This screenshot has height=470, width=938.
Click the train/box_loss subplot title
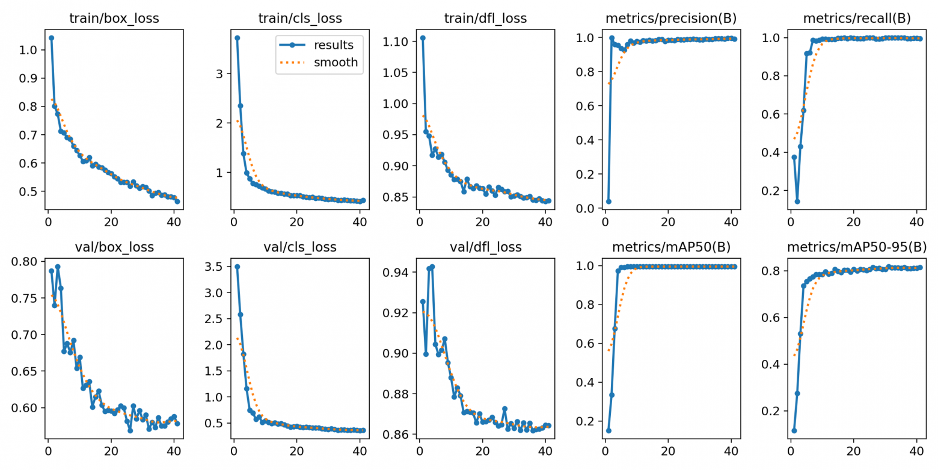click(114, 18)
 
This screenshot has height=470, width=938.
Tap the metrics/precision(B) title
click(670, 18)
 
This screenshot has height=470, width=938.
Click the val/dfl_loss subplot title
click(485, 247)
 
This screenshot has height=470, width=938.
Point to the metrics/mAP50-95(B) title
click(856, 247)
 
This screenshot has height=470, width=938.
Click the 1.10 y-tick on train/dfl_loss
click(396, 42)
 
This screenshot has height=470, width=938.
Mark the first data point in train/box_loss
click(51, 38)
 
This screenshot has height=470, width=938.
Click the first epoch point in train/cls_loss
click(237, 38)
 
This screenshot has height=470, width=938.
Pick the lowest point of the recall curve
click(797, 202)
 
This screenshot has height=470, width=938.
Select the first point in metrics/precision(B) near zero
click(608, 202)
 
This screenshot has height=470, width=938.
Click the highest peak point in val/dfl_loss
click(432, 267)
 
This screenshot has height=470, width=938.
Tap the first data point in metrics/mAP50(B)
click(608, 430)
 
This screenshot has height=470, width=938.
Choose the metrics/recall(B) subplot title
click(856, 18)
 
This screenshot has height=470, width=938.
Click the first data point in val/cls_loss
click(237, 267)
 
